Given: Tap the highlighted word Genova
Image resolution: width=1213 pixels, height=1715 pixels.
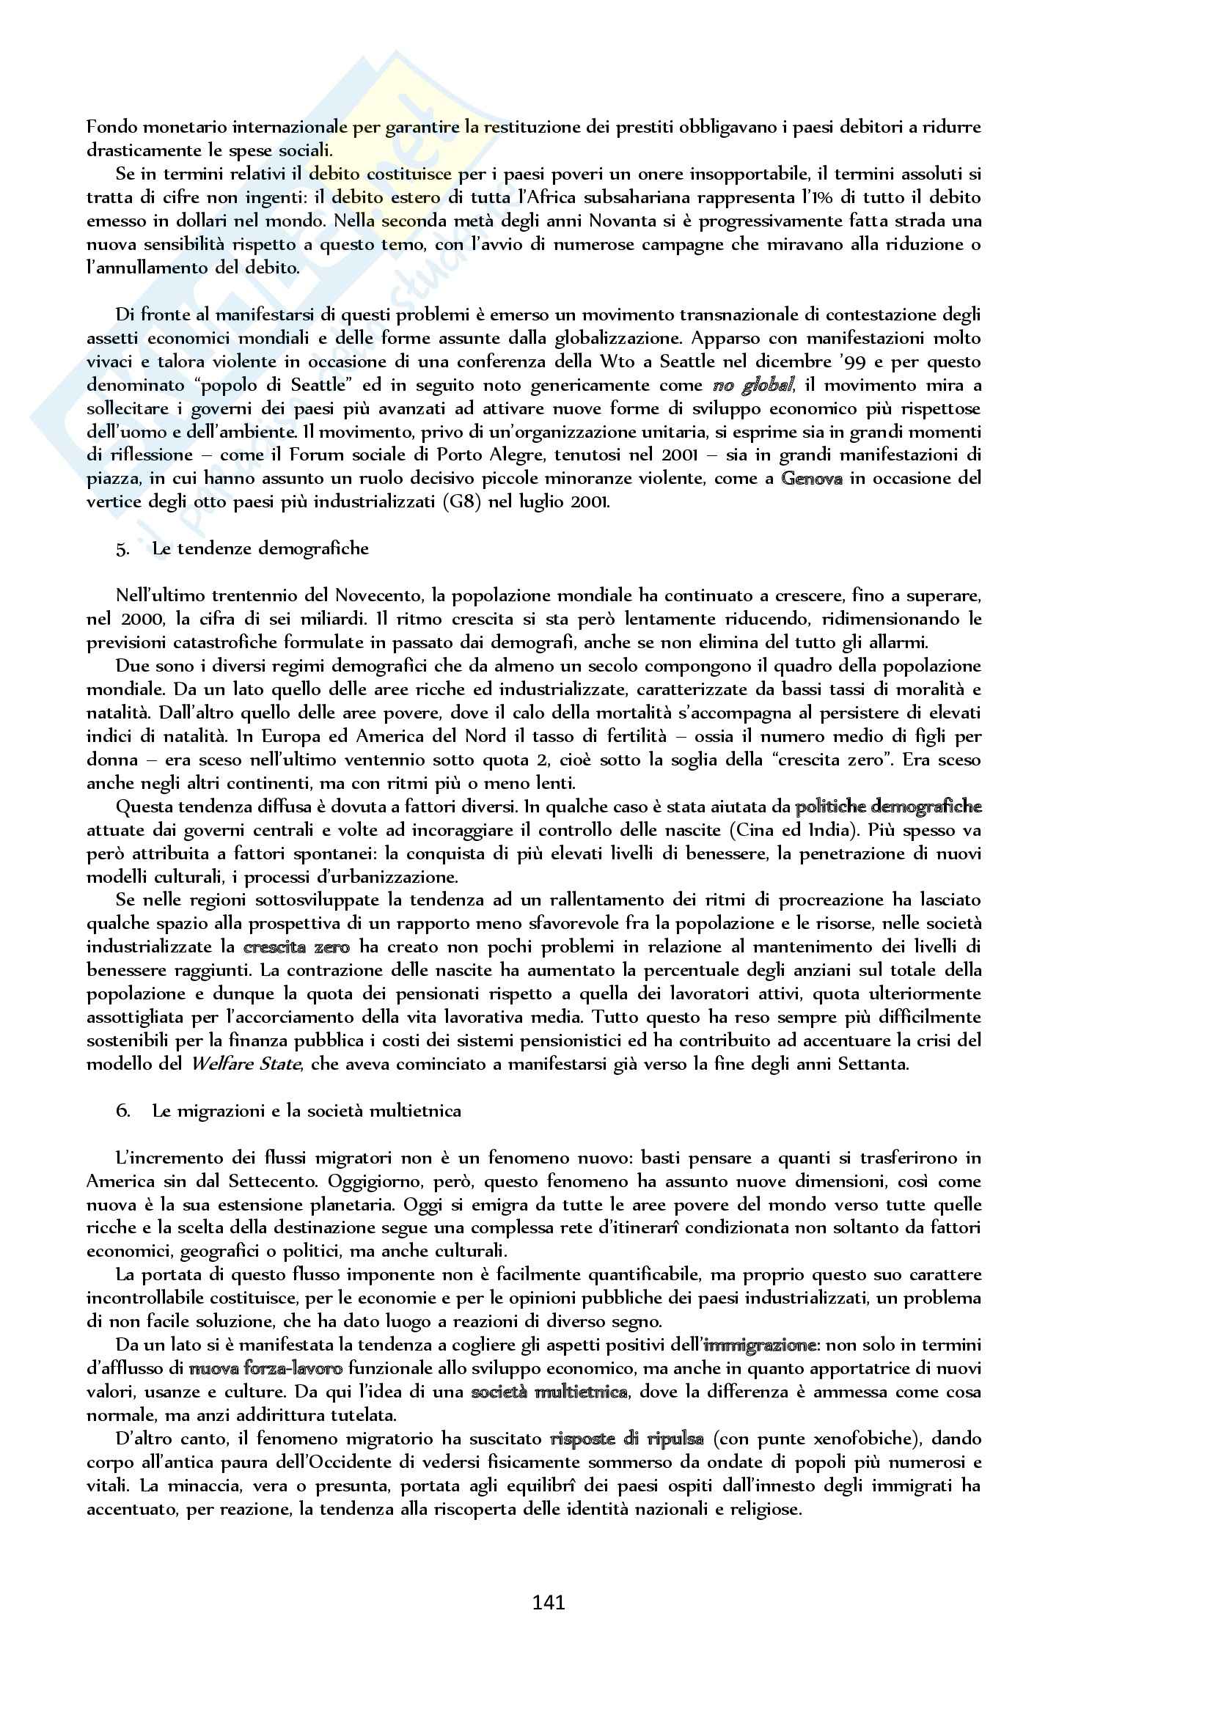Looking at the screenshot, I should [x=812, y=479].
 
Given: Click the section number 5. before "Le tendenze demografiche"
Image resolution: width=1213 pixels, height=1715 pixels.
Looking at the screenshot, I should [x=122, y=549].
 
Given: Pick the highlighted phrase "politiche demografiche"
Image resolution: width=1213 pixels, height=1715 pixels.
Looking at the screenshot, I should [x=888, y=807].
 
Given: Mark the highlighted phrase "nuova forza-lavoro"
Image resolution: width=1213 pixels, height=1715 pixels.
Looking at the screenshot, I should [x=266, y=1368].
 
